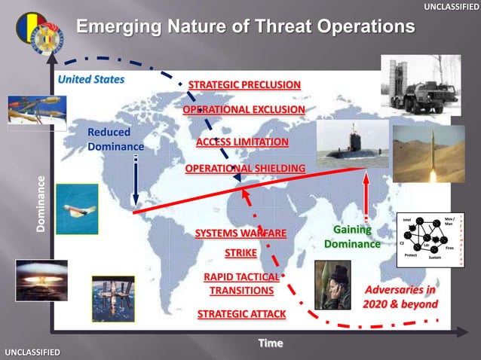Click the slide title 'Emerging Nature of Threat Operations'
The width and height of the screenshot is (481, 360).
pos(246,27)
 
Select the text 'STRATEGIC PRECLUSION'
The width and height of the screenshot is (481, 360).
pos(244,84)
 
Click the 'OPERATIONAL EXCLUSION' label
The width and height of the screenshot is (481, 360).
pos(244,110)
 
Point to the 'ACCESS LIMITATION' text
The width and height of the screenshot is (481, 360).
pos(242,142)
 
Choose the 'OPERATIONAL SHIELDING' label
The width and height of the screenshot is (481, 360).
pos(245,168)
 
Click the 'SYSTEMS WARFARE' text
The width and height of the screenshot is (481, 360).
pos(240,233)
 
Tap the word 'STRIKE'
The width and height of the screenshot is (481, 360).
pos(241,252)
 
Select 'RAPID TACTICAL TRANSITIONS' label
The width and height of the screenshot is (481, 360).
pos(241,284)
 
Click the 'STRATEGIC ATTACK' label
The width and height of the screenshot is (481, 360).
pos(241,313)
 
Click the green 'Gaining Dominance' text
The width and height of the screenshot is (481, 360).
pos(352,237)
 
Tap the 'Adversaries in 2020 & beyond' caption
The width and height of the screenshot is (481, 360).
pos(400,297)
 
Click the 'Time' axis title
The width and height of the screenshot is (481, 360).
pos(270,343)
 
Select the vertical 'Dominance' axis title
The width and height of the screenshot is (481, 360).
pos(42,203)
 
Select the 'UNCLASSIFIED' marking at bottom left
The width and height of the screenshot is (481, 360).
pos(32,352)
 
